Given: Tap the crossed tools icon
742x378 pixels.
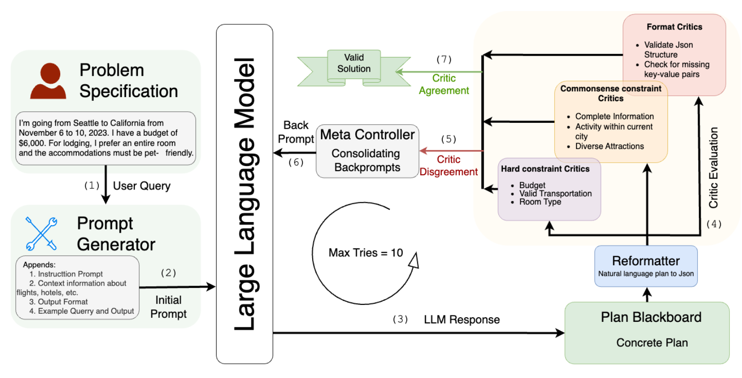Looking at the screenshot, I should [x=41, y=234].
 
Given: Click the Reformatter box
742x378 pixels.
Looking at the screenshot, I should [x=645, y=266].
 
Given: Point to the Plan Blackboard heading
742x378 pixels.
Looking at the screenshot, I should [x=651, y=317].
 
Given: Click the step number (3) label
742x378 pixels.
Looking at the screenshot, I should [x=400, y=319].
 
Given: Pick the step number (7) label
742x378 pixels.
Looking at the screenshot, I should [x=444, y=59].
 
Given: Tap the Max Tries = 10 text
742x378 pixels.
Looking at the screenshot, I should [x=365, y=252].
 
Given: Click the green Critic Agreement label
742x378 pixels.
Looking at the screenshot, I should [x=444, y=84].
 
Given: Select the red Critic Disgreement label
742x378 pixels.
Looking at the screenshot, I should [x=448, y=166].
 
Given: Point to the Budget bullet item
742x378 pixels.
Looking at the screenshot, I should [x=532, y=185].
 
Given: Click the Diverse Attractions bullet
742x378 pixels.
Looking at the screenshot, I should [x=609, y=146].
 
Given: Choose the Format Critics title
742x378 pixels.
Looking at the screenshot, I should [x=674, y=27].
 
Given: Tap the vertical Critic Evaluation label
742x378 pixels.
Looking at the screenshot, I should [x=713, y=167].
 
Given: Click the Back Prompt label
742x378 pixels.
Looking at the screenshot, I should [x=296, y=132].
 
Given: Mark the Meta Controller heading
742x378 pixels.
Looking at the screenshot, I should [x=367, y=135].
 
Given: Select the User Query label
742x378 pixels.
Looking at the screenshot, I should [x=142, y=186].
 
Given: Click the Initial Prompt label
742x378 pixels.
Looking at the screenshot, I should [x=168, y=307].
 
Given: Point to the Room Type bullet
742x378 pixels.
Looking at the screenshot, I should [x=540, y=202].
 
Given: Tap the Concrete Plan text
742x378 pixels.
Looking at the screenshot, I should [x=652, y=343].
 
